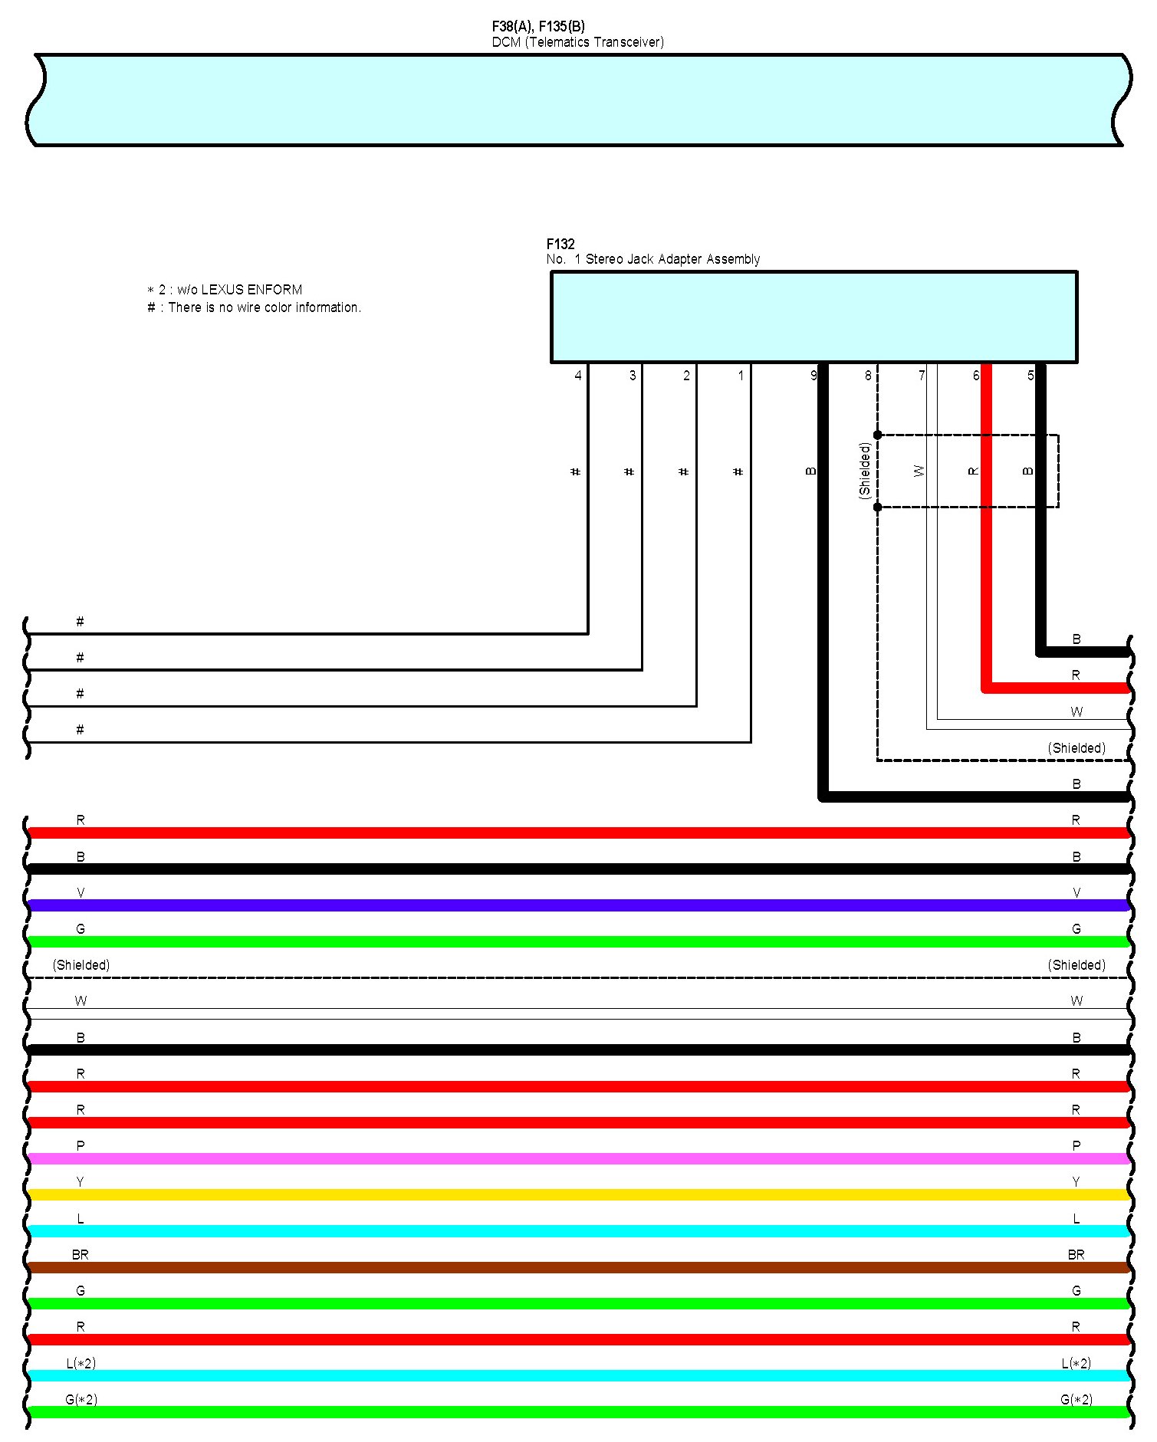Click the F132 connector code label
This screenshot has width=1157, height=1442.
pos(560,244)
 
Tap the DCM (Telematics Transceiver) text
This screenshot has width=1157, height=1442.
pos(577,42)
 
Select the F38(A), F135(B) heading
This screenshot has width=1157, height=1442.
pos(538,27)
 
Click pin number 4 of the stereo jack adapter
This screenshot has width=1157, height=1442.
pos(578,376)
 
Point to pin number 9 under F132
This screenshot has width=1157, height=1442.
pos(814,376)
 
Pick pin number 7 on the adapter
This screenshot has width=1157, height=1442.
pos(922,376)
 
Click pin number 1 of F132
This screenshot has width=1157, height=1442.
pos(741,376)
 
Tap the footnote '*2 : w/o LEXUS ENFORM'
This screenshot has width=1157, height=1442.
pos(225,290)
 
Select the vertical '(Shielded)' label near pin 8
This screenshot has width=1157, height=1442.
pos(865,471)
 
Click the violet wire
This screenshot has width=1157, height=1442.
pos(579,905)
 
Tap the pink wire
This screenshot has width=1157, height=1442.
pos(579,1158)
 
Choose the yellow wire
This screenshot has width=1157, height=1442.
pos(579,1194)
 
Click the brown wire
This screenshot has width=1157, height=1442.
pos(579,1267)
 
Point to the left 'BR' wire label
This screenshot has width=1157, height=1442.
pos(80,1254)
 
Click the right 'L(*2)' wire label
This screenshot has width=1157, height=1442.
pos(1076,1363)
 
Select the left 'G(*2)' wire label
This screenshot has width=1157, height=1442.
pos(81,1399)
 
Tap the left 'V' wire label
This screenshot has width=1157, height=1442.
pos(81,892)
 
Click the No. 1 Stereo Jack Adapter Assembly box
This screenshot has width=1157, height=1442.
pos(814,317)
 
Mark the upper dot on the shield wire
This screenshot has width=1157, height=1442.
pos(878,435)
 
